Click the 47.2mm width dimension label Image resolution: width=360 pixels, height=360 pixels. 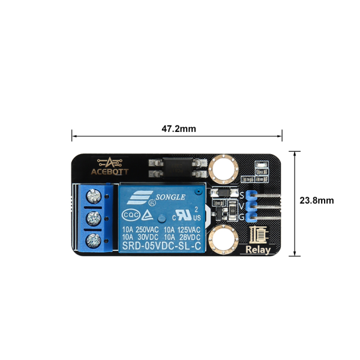[x=179, y=129]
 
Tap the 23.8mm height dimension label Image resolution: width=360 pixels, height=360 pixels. [x=317, y=200]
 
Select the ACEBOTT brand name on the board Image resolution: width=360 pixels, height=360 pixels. [x=110, y=172]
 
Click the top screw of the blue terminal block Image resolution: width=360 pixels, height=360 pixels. [x=94, y=197]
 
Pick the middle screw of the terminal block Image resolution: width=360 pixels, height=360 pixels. [x=94, y=218]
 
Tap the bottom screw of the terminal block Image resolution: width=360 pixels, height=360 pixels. [x=93, y=241]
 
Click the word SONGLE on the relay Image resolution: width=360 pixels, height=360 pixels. [x=170, y=197]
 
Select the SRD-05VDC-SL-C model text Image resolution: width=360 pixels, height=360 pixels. [x=161, y=246]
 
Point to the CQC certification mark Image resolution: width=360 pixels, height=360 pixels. [x=131, y=215]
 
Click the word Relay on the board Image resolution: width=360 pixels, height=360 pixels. [x=258, y=250]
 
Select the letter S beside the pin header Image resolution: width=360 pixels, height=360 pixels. [x=242, y=196]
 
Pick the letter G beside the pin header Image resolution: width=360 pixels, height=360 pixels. [x=242, y=217]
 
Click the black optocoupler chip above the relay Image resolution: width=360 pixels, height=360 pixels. [x=178, y=168]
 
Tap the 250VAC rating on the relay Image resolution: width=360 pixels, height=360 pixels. [x=147, y=230]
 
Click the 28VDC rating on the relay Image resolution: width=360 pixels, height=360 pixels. [x=190, y=237]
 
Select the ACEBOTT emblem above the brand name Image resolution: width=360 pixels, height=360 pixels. [x=110, y=162]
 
